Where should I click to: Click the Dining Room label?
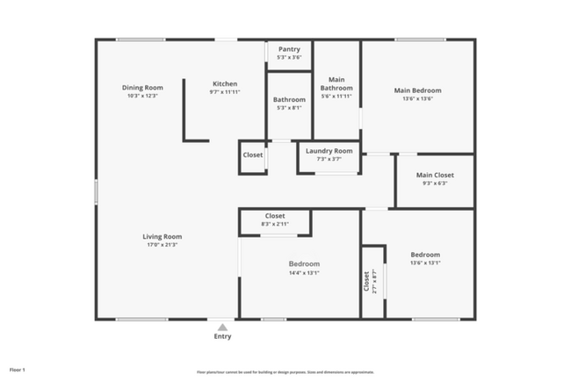tap(142, 87)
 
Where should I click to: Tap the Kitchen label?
tap(225, 83)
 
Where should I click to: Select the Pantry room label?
tap(289, 50)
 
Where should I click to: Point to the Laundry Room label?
tap(329, 151)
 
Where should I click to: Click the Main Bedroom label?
tap(417, 90)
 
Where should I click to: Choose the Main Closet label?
tap(435, 175)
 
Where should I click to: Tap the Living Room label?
tap(162, 236)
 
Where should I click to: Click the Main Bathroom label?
tap(336, 83)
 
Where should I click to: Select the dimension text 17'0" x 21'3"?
tap(162, 245)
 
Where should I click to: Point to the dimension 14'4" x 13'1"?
tap(304, 272)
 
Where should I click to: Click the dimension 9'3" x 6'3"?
tap(435, 183)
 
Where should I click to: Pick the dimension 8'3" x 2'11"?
tap(275, 224)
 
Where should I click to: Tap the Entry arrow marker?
tap(223, 327)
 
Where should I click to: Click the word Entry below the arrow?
tap(223, 336)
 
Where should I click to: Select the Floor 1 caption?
tap(18, 370)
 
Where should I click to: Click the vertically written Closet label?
tap(367, 281)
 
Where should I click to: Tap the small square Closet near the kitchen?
tap(253, 155)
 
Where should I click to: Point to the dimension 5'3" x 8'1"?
tap(289, 108)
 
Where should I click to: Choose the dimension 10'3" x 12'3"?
tap(142, 96)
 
